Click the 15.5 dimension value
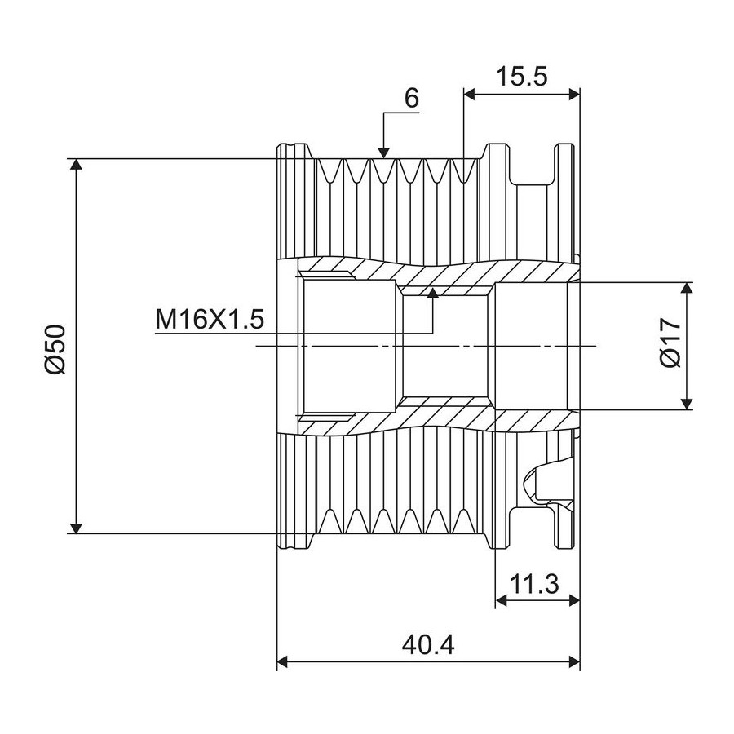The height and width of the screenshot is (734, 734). pos(521,77)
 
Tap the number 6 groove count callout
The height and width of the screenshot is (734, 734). pos(412,98)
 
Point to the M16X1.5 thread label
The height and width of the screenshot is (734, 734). pos(210,319)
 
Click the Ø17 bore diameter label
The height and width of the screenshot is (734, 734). pos(670,343)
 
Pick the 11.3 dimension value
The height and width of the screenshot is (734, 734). pos(534,584)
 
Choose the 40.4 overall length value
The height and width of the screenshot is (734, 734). pos(428,645)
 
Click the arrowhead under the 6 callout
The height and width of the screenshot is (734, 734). pos(383,153)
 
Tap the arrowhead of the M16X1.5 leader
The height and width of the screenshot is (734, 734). pos(434,293)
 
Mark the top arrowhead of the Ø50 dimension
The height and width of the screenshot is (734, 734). pos(77,165)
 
